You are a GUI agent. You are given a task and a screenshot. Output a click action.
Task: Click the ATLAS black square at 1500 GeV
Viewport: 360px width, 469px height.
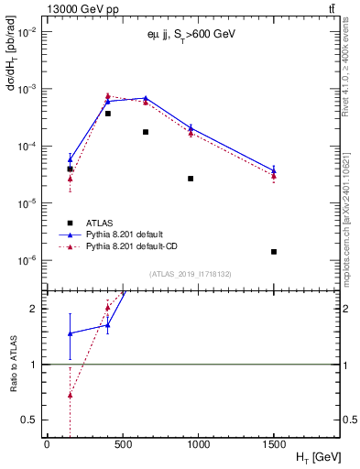[x=274, y=252]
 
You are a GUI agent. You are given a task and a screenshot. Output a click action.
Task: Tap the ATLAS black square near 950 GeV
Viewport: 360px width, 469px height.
[x=191, y=179]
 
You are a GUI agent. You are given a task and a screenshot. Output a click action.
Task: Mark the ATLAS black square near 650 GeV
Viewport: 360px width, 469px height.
[x=146, y=132]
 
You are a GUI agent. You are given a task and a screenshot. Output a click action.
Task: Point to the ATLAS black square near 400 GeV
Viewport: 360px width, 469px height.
[x=107, y=114]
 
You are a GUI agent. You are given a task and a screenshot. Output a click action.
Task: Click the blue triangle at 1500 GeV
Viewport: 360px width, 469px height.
[x=274, y=169]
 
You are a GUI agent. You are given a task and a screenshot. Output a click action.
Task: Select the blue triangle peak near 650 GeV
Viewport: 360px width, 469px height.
[x=146, y=98]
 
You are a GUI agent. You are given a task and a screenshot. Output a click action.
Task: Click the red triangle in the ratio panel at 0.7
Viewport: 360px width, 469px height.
[x=70, y=395]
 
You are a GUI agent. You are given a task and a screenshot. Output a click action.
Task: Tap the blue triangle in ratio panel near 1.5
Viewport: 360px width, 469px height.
[x=70, y=333]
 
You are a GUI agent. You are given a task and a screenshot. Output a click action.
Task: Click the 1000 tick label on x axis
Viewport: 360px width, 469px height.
[x=198, y=444]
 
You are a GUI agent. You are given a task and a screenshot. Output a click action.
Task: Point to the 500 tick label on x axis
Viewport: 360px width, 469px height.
[x=122, y=444]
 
